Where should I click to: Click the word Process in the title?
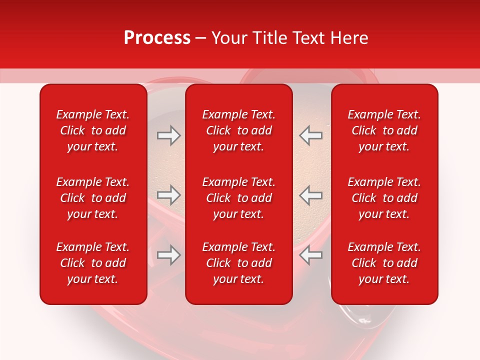click(157, 38)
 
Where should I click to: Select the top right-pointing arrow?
click(169, 135)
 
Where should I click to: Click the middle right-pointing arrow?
click(169, 195)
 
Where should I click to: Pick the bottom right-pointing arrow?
click(169, 255)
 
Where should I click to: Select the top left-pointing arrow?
click(310, 135)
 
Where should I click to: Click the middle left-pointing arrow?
click(310, 195)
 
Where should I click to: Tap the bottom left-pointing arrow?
click(310, 255)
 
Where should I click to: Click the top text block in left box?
click(93, 130)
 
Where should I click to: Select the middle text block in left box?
click(93, 198)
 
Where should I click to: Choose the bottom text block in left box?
click(93, 263)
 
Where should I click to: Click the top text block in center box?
click(239, 130)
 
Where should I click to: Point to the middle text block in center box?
click(239, 198)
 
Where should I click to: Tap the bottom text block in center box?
click(239, 263)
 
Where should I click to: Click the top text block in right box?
click(384, 130)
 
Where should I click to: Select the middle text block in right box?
click(384, 198)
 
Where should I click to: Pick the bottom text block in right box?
click(384, 263)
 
